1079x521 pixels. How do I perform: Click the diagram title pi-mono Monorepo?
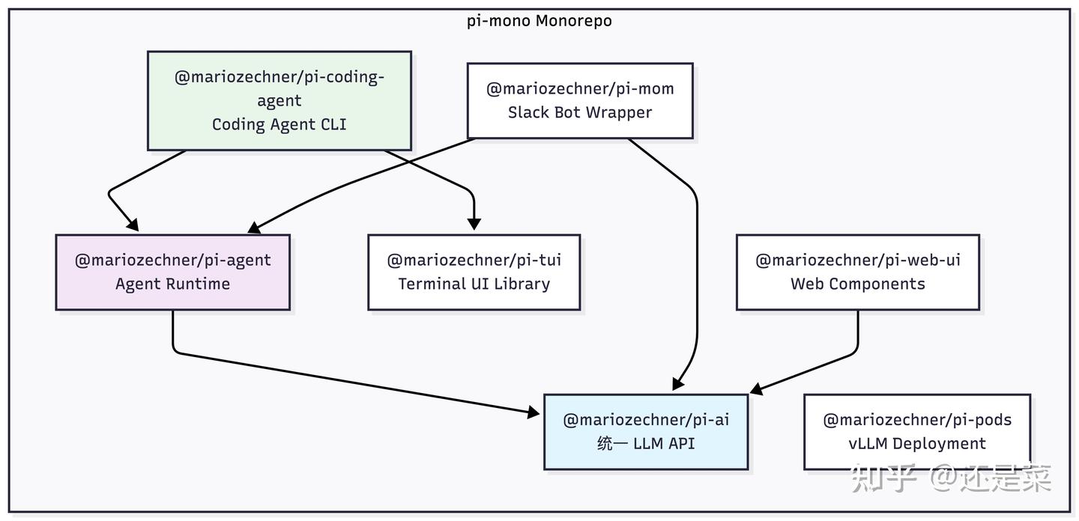(x=539, y=21)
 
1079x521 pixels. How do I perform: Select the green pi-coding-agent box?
(x=279, y=101)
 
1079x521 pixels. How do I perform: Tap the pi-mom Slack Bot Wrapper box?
(x=580, y=101)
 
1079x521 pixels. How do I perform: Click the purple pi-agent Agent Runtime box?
(x=173, y=272)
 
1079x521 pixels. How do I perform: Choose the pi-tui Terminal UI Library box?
(x=474, y=272)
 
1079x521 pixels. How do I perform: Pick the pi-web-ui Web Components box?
(x=858, y=272)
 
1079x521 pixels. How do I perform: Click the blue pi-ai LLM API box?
(x=646, y=432)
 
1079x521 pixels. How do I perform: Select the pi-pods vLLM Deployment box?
(x=917, y=432)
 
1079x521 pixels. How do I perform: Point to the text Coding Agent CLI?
(x=279, y=124)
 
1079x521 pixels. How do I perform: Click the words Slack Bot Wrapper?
(x=580, y=112)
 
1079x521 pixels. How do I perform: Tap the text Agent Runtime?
(x=173, y=284)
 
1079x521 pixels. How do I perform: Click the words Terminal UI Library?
(x=474, y=284)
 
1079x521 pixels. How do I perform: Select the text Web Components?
(x=858, y=284)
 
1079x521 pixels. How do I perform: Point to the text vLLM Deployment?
(x=917, y=444)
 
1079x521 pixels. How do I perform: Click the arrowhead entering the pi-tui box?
(x=474, y=224)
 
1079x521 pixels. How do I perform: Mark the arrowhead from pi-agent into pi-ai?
(x=534, y=412)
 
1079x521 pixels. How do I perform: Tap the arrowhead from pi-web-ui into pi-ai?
(x=757, y=389)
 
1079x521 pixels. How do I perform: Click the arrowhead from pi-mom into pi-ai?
(x=678, y=384)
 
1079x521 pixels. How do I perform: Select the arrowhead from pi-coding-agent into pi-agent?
(x=133, y=225)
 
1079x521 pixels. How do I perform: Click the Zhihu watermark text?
(x=952, y=478)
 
